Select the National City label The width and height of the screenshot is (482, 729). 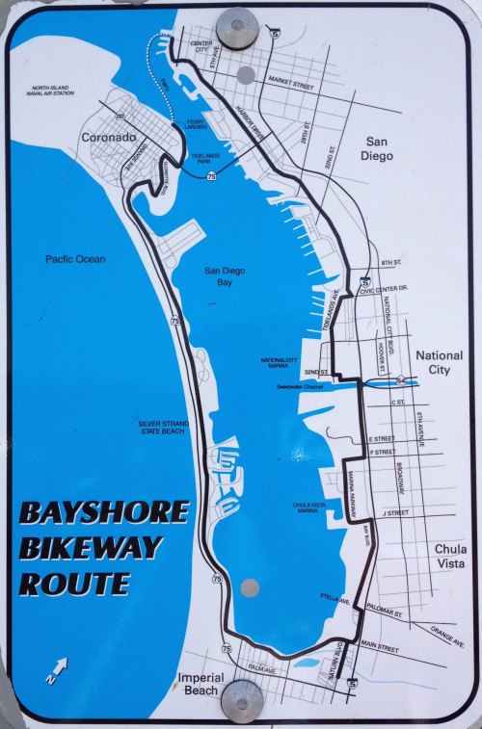click(439, 362)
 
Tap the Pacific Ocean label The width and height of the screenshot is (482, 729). click(74, 259)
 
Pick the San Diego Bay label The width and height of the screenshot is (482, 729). click(225, 277)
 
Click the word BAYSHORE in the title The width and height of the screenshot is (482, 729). click(104, 512)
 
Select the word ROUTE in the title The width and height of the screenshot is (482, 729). click(74, 584)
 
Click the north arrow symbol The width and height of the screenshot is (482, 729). click(57, 669)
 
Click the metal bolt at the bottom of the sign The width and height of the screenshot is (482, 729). click(241, 700)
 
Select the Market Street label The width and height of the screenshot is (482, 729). click(292, 85)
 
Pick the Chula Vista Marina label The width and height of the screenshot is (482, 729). click(297, 508)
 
